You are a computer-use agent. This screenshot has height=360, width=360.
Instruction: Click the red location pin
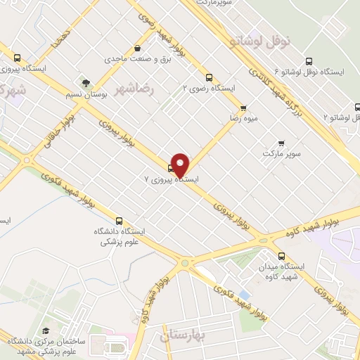click(x=181, y=165)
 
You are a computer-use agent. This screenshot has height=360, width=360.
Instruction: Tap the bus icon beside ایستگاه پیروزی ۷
click(x=171, y=167)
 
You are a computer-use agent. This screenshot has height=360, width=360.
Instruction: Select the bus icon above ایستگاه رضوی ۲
click(x=208, y=78)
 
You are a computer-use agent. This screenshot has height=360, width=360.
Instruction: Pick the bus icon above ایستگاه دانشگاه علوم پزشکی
click(x=119, y=219)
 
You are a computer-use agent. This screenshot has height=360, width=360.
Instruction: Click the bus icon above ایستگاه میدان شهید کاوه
click(x=282, y=256)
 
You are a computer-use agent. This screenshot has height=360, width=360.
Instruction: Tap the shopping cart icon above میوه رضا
click(x=243, y=108)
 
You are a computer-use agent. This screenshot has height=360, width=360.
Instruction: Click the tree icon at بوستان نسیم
click(x=86, y=82)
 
